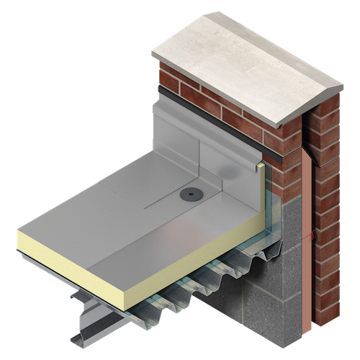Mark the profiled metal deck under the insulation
(x=216, y=277)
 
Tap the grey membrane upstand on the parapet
(x=187, y=137)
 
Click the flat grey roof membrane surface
(x=144, y=209)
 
